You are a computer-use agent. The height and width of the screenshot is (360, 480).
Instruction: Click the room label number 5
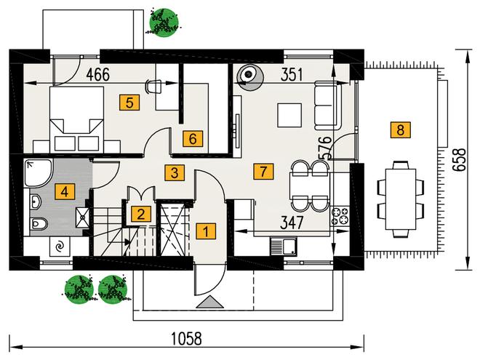point(129,103)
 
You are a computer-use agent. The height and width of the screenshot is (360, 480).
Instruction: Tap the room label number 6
point(193,139)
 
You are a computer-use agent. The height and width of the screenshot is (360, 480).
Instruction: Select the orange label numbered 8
point(401,129)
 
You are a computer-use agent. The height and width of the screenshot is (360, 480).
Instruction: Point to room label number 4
point(64,192)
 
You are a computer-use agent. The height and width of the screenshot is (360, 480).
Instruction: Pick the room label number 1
point(206,231)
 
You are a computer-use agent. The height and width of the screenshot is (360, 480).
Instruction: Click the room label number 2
point(141,214)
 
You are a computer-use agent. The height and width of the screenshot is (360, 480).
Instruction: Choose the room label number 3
point(175,172)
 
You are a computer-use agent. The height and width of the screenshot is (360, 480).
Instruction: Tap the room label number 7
point(263,172)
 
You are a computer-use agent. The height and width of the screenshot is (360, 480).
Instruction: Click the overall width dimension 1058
point(186,339)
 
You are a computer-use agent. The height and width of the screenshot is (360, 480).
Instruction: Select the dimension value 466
point(97,75)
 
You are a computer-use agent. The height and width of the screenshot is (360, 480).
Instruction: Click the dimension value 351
point(292,75)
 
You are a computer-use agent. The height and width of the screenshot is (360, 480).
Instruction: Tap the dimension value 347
point(292,223)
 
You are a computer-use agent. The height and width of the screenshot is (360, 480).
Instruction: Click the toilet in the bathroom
point(39,224)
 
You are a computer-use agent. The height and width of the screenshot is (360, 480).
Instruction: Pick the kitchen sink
point(284,247)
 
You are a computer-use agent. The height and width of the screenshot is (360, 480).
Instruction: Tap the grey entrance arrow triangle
point(209,302)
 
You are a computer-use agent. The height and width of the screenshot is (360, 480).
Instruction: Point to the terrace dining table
point(401,199)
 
